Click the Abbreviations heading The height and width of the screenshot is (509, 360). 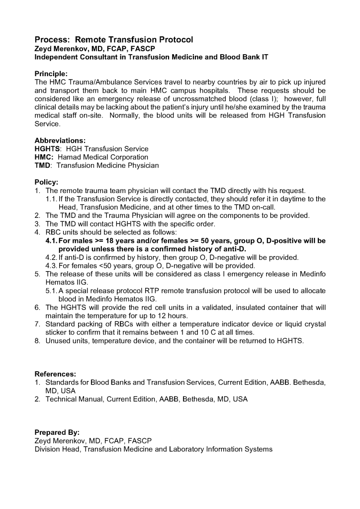pos(60,140)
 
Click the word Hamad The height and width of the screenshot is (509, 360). pos(71,157)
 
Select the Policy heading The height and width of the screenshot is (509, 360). pos(46,182)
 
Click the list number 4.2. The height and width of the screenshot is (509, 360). pos(51,257)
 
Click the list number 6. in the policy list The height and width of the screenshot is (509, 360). pos(37,307)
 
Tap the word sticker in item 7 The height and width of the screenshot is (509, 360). pos(57,332)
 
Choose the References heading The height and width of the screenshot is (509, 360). pos(55,374)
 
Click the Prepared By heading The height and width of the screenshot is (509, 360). pos(57,432)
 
